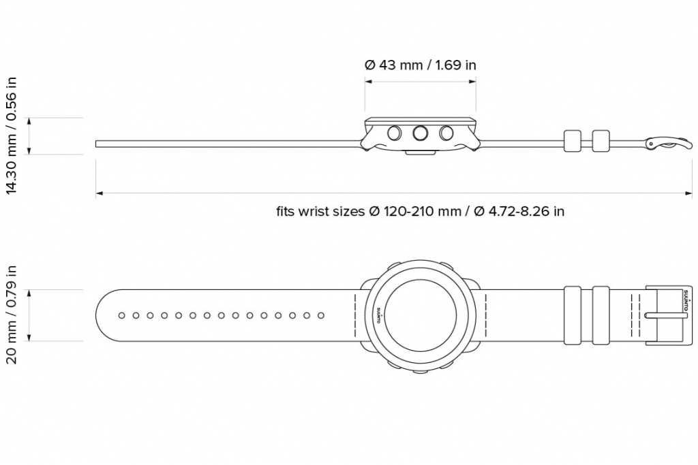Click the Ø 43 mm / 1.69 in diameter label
coord(420,65)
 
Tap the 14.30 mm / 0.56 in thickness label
coord(11,136)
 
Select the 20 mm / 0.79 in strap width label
coord(11,315)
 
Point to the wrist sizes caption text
coord(420,211)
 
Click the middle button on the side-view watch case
coord(421,133)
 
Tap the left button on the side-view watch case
coord(395,133)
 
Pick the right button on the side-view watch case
coord(446,133)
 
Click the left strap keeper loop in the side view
coord(572,141)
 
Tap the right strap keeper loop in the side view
coord(601,141)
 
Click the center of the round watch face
coord(420,315)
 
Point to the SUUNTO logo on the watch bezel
coord(379,315)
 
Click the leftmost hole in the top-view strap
coord(121,315)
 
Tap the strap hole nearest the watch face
coord(321,315)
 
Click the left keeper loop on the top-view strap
coord(572,315)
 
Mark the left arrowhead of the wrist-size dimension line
coord(99,194)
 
